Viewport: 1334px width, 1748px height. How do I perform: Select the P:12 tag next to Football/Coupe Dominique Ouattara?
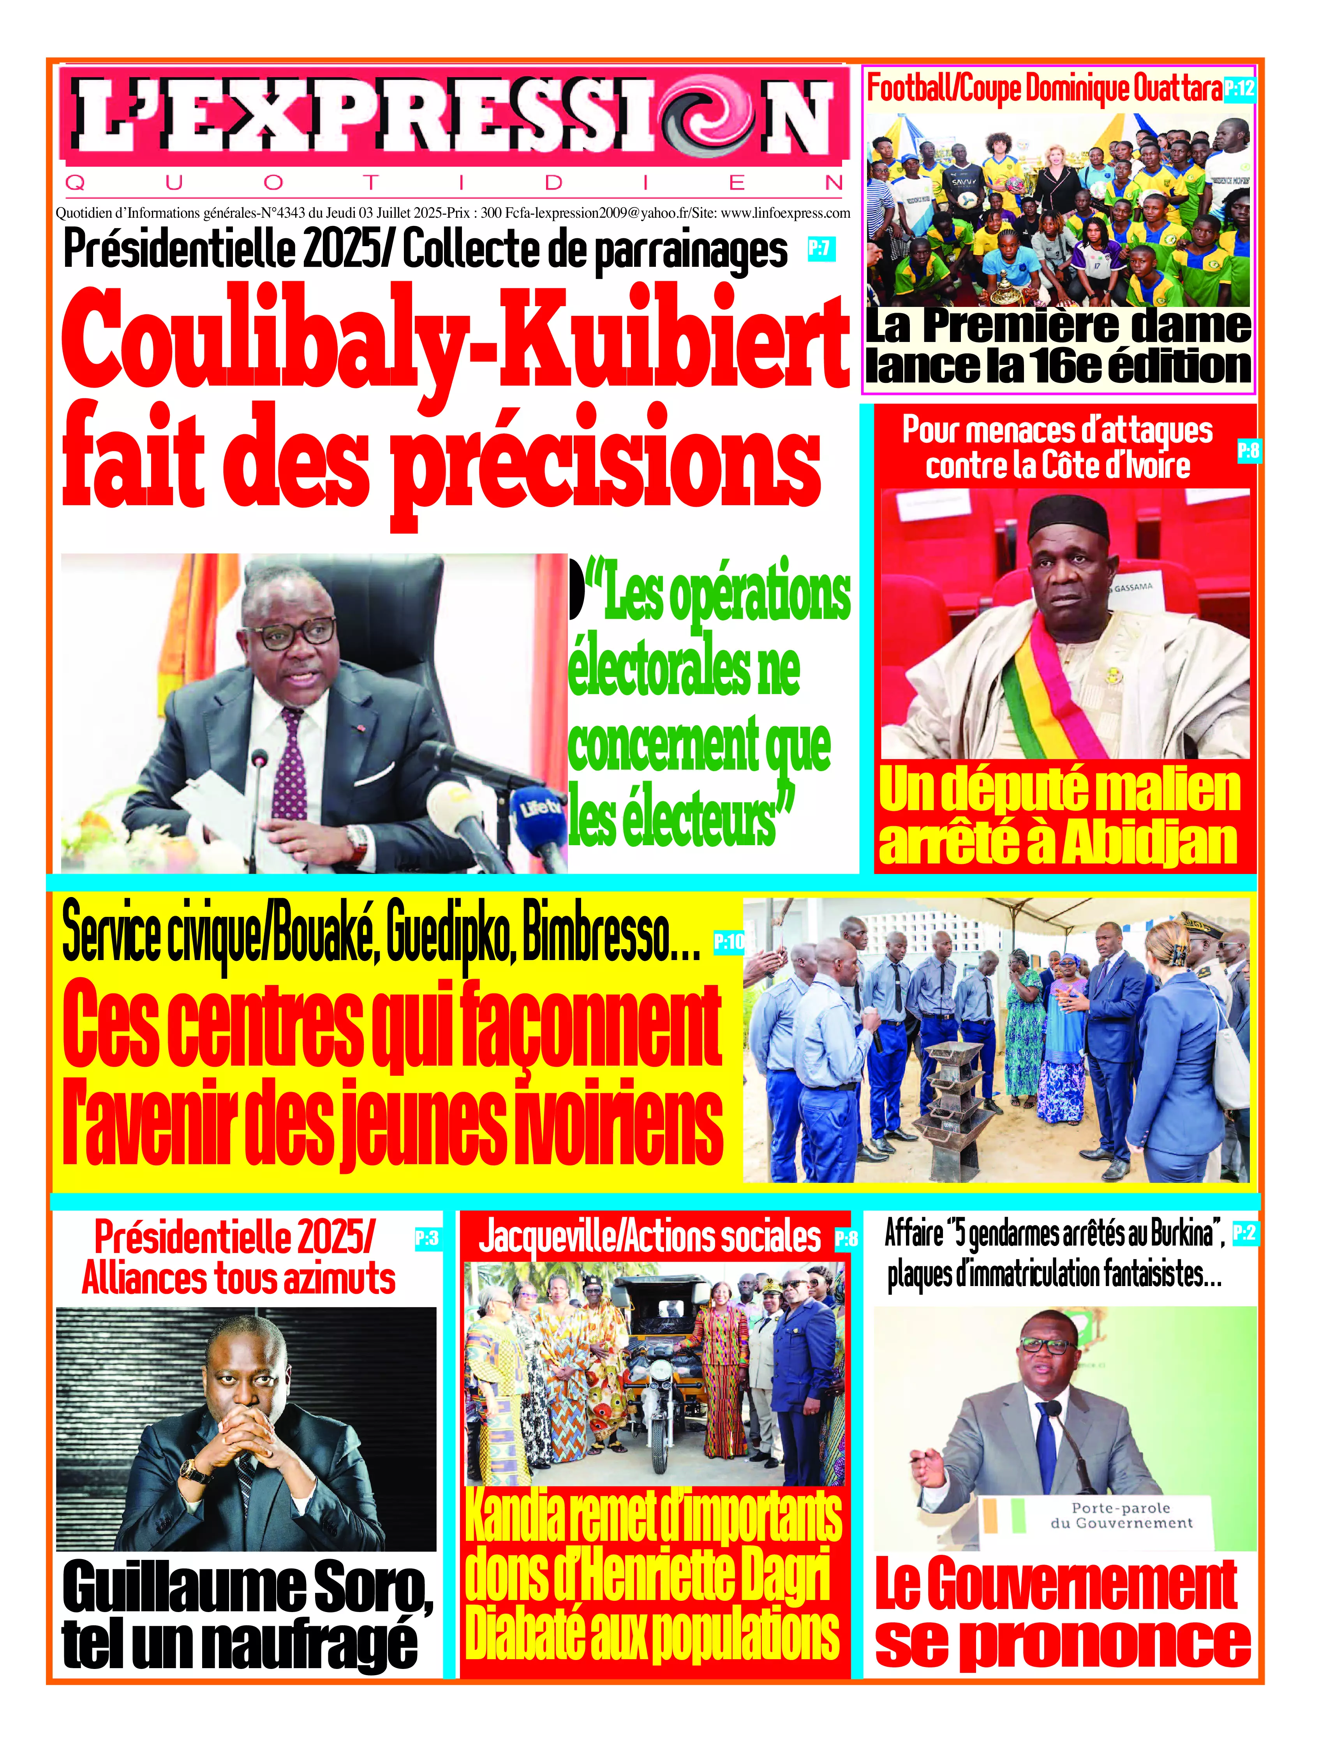pos(1239,88)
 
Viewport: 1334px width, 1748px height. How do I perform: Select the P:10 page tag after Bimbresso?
pos(728,942)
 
